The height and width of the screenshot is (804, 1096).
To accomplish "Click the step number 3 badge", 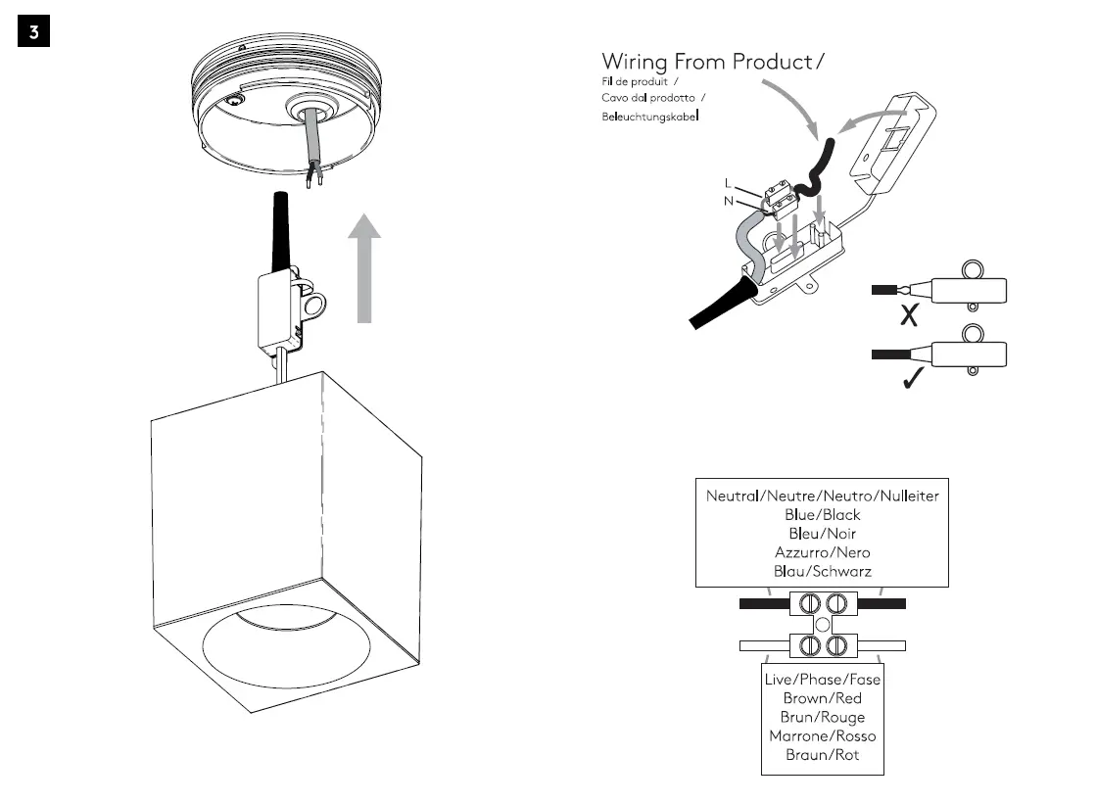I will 33,31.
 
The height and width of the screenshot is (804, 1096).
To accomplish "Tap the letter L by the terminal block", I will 727,183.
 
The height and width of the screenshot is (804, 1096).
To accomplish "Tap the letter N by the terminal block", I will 727,200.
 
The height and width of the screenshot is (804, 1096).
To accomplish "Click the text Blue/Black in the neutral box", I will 822,514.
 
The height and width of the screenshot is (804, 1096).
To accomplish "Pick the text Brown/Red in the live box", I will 822,698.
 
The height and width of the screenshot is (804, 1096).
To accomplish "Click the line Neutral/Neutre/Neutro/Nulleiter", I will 822,496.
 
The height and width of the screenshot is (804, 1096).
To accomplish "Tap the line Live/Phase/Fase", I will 822,680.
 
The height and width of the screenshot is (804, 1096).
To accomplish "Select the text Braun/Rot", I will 822,755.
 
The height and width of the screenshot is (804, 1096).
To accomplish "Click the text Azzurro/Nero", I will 822,552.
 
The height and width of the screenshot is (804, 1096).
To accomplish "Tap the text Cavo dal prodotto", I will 647,98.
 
